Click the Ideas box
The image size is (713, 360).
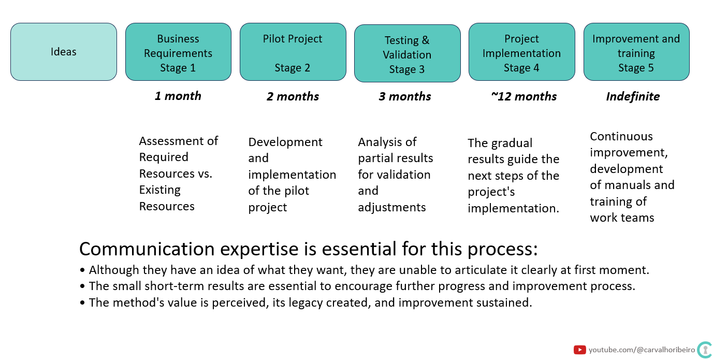click(x=64, y=52)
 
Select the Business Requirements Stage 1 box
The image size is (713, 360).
click(x=178, y=52)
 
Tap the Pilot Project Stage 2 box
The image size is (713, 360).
click(x=293, y=52)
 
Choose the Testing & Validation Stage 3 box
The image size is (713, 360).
click(x=408, y=53)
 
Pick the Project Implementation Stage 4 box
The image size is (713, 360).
click(x=522, y=52)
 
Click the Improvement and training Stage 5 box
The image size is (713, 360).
click(x=636, y=52)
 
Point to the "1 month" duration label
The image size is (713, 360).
click(x=178, y=96)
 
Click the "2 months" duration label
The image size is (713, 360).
click(x=293, y=96)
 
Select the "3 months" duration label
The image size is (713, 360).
click(x=405, y=96)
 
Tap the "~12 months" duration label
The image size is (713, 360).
click(x=524, y=96)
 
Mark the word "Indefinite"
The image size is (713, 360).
click(x=633, y=96)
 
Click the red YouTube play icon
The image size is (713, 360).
click(x=579, y=350)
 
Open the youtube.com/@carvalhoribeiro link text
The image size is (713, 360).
click(x=642, y=350)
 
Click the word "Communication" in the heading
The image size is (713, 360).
click(x=147, y=249)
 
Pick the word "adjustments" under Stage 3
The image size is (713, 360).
click(x=392, y=207)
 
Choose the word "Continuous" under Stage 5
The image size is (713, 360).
click(x=621, y=136)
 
